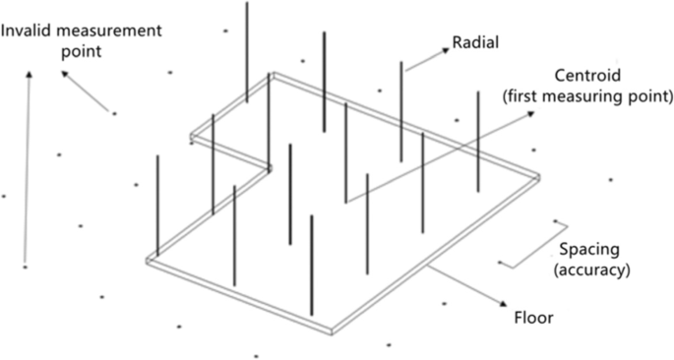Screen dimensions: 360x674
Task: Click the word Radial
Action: (x=475, y=42)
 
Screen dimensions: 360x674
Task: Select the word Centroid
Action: (x=588, y=76)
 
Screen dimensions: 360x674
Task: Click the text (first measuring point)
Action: (x=588, y=96)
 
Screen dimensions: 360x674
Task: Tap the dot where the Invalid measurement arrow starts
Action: (x=114, y=114)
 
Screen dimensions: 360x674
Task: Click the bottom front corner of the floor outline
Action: (x=333, y=331)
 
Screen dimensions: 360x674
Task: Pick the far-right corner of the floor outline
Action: (x=538, y=178)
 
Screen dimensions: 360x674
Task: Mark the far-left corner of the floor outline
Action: (x=149, y=262)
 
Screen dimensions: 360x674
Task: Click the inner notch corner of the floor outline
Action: (x=269, y=167)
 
